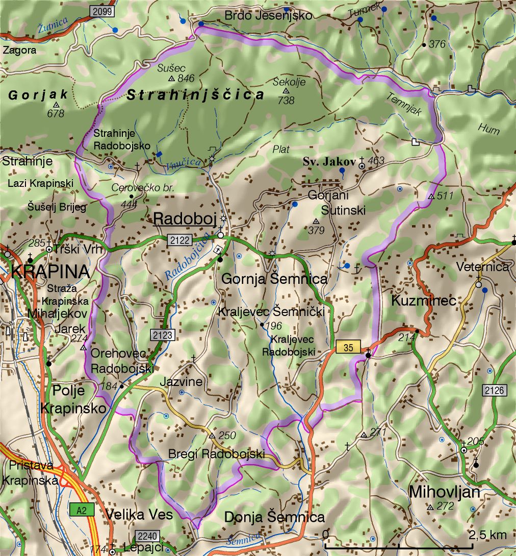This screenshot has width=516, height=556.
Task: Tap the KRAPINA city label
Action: (49, 271)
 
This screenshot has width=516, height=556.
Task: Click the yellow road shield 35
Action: (348, 347)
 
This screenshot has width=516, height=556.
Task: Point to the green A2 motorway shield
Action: (82, 510)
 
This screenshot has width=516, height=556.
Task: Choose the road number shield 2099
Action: (102, 11)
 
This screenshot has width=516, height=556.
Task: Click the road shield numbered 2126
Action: (495, 391)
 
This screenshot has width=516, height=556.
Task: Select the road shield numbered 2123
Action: (163, 335)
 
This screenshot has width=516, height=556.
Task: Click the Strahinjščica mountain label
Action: (196, 94)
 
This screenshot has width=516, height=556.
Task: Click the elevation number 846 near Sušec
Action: (187, 78)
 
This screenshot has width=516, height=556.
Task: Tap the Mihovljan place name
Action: (445, 492)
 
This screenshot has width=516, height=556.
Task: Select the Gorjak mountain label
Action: (38, 94)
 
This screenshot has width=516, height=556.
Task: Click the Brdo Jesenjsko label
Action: (268, 16)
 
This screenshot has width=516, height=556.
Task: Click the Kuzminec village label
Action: (424, 301)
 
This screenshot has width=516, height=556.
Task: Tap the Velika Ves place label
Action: (140, 515)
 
